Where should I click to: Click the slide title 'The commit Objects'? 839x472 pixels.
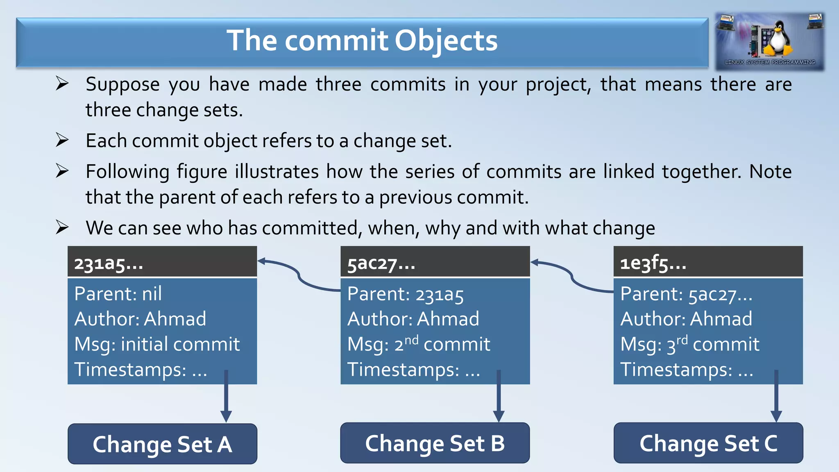pyautogui.click(x=362, y=41)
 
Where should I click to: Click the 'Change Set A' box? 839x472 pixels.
pyautogui.click(x=162, y=444)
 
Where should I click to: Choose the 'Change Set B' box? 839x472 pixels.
pyautogui.click(x=435, y=443)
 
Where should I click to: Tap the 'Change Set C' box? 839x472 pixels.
pyautogui.click(x=708, y=443)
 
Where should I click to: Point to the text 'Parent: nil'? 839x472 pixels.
pyautogui.click(x=118, y=294)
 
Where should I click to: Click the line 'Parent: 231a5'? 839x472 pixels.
pyautogui.click(x=405, y=294)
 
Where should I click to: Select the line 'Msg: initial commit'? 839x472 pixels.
pyautogui.click(x=157, y=344)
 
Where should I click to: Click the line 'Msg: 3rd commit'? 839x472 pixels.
pyautogui.click(x=689, y=344)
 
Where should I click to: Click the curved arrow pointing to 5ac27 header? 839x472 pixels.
pyautogui.click(x=571, y=276)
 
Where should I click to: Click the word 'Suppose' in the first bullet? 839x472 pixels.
pyautogui.click(x=122, y=85)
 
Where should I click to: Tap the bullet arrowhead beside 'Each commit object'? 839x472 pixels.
pyautogui.click(x=62, y=140)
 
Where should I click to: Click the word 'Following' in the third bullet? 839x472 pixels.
pyautogui.click(x=127, y=172)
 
